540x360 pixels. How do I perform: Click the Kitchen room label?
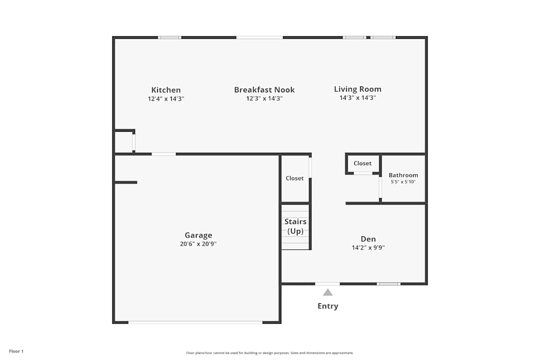tap(166, 90)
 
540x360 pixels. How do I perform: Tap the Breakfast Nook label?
tap(264, 90)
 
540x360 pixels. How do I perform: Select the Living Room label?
tap(357, 89)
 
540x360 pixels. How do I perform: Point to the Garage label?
tap(198, 235)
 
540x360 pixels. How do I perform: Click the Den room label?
tap(368, 239)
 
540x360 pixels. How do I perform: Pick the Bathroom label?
tap(403, 175)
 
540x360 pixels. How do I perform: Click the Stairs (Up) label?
tap(295, 227)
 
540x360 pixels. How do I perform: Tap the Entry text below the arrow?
tap(328, 306)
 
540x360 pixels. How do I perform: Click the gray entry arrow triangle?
tap(328, 293)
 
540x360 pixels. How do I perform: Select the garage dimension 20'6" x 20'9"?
tap(198, 244)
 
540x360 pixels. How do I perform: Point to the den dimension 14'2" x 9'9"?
tap(368, 248)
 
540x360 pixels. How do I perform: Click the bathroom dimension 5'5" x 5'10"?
tap(403, 182)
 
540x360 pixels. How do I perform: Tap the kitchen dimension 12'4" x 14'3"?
tap(166, 99)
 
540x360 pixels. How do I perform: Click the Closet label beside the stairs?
tap(295, 178)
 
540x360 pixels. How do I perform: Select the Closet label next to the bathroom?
tap(362, 164)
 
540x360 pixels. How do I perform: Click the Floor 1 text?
tap(16, 351)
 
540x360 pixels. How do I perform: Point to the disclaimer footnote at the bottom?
tap(270, 353)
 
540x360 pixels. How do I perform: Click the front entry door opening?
tap(327, 283)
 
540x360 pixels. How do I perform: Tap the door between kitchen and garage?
tap(164, 154)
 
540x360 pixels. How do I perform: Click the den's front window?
tap(388, 283)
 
